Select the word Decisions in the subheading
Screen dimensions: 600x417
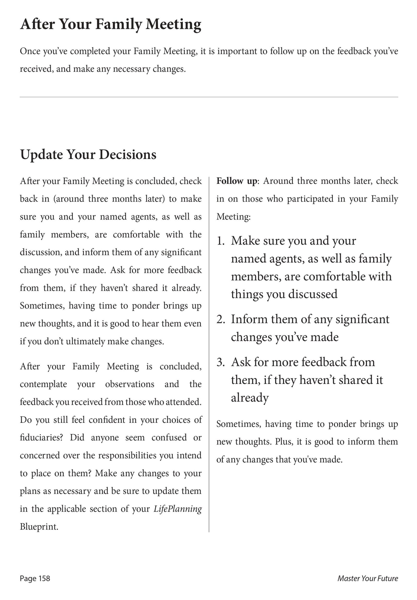click(x=128, y=155)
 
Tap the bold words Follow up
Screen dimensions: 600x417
click(x=236, y=181)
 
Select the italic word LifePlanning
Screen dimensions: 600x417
click(x=177, y=509)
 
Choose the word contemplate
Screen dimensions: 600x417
click(x=43, y=384)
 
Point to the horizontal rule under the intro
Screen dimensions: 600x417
click(x=209, y=97)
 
